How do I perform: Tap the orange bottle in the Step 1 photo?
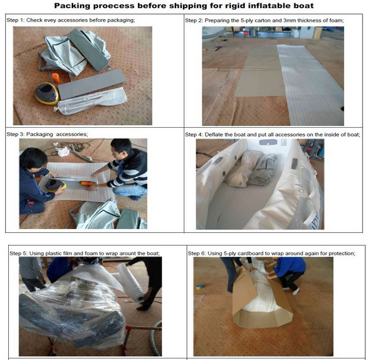56,78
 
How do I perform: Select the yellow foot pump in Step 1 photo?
47,93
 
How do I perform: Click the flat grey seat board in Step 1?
92,84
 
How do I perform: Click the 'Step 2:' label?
194,20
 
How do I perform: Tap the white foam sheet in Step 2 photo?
310,85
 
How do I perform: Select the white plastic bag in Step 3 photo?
62,151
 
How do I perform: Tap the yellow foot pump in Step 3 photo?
55,185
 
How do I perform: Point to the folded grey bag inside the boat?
263,169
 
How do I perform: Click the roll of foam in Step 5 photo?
131,283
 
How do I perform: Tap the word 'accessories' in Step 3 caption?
72,134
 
